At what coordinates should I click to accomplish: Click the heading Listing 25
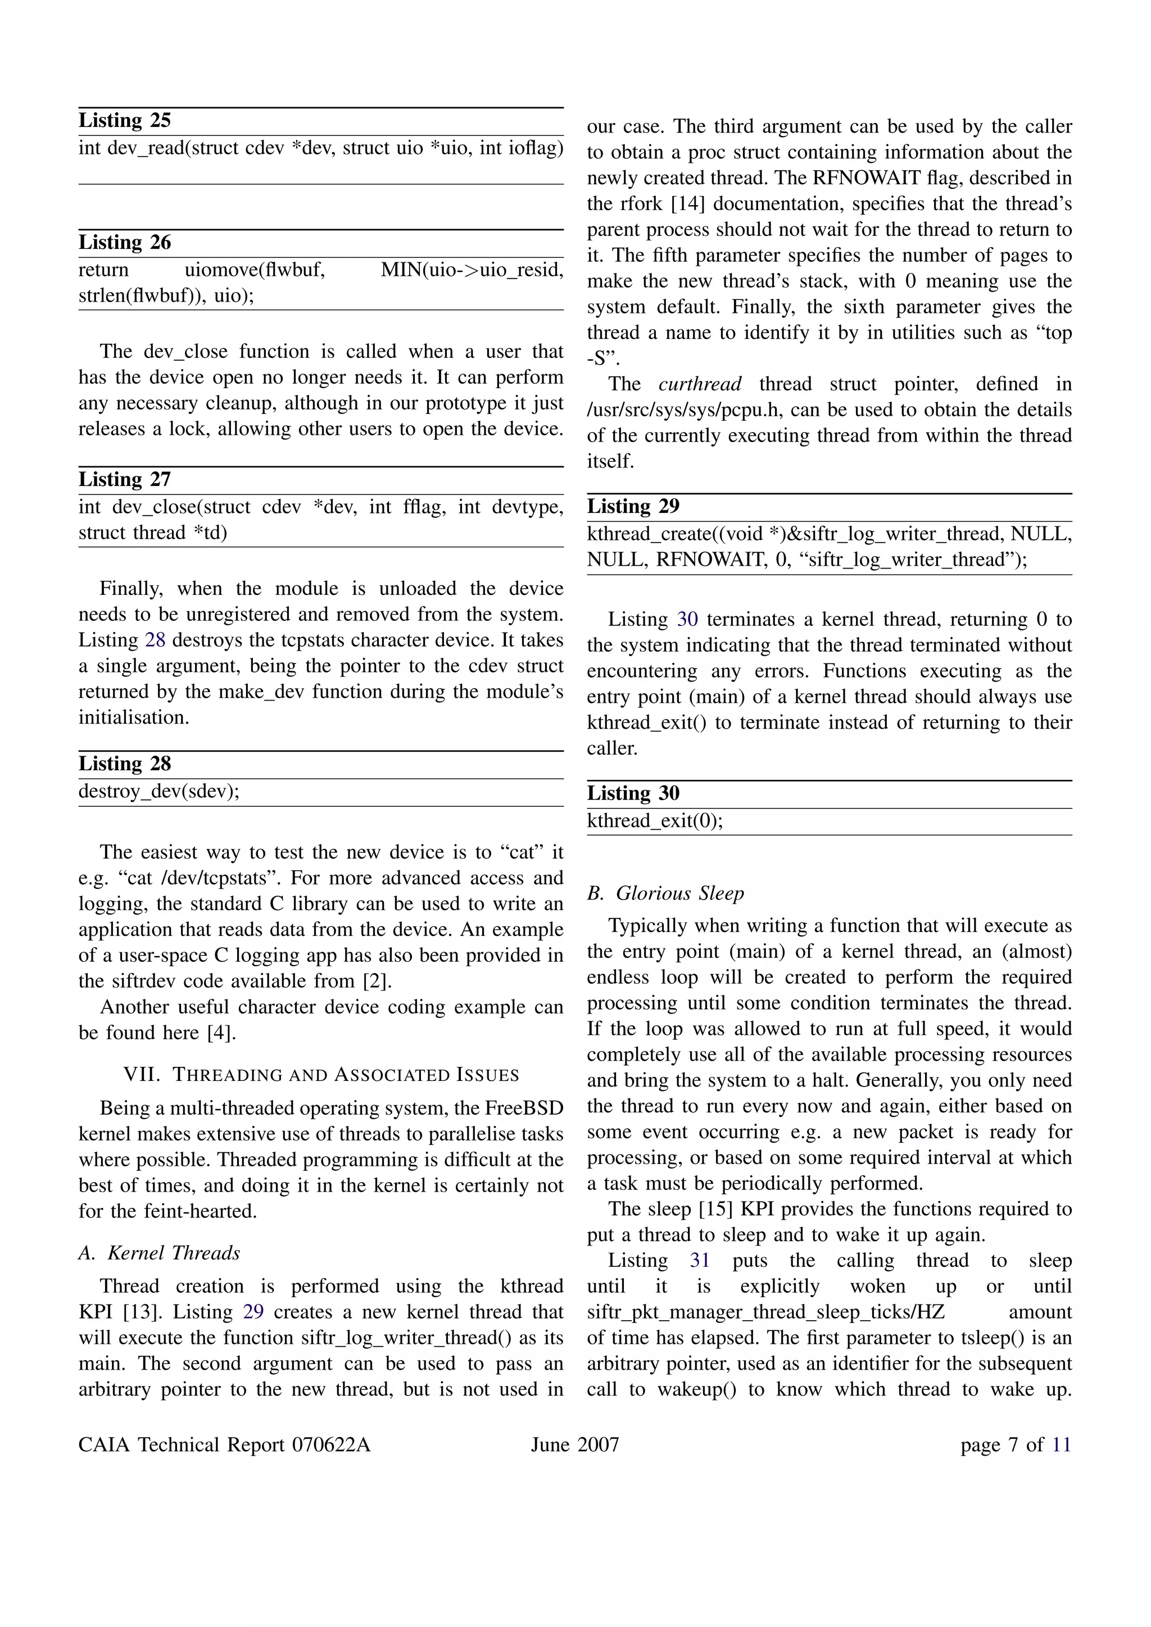(125, 120)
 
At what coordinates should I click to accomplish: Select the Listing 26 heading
(125, 242)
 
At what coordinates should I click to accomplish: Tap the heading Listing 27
(125, 480)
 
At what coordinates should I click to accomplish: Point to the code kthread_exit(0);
(655, 821)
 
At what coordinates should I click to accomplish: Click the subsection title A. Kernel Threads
(160, 1253)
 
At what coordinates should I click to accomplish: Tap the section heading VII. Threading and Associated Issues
(321, 1075)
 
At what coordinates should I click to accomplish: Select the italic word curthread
(700, 384)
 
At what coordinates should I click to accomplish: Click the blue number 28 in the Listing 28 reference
(155, 640)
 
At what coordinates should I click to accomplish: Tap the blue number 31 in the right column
(700, 1261)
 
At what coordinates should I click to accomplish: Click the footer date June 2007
(575, 1445)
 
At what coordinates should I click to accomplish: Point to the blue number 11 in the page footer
(1061, 1445)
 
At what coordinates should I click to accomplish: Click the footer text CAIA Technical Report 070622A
(225, 1445)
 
